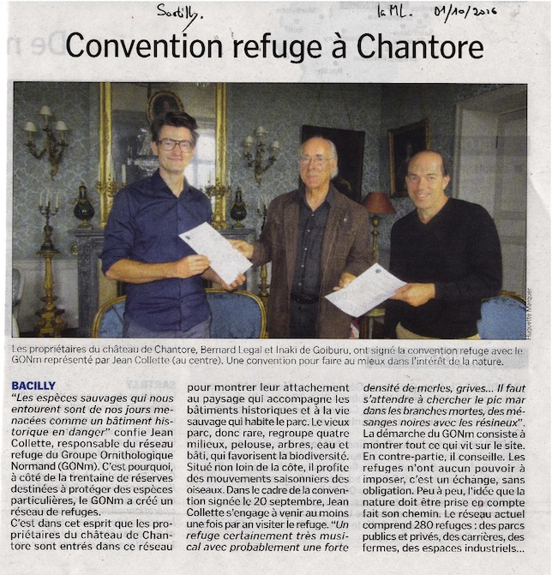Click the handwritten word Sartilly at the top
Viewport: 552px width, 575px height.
(x=176, y=12)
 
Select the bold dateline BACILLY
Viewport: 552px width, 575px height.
(x=34, y=386)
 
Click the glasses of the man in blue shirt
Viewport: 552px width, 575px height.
(x=176, y=145)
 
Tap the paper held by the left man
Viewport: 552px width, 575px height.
(x=215, y=252)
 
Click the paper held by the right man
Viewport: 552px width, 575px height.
(x=365, y=290)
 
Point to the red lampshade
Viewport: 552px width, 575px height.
(x=378, y=203)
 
